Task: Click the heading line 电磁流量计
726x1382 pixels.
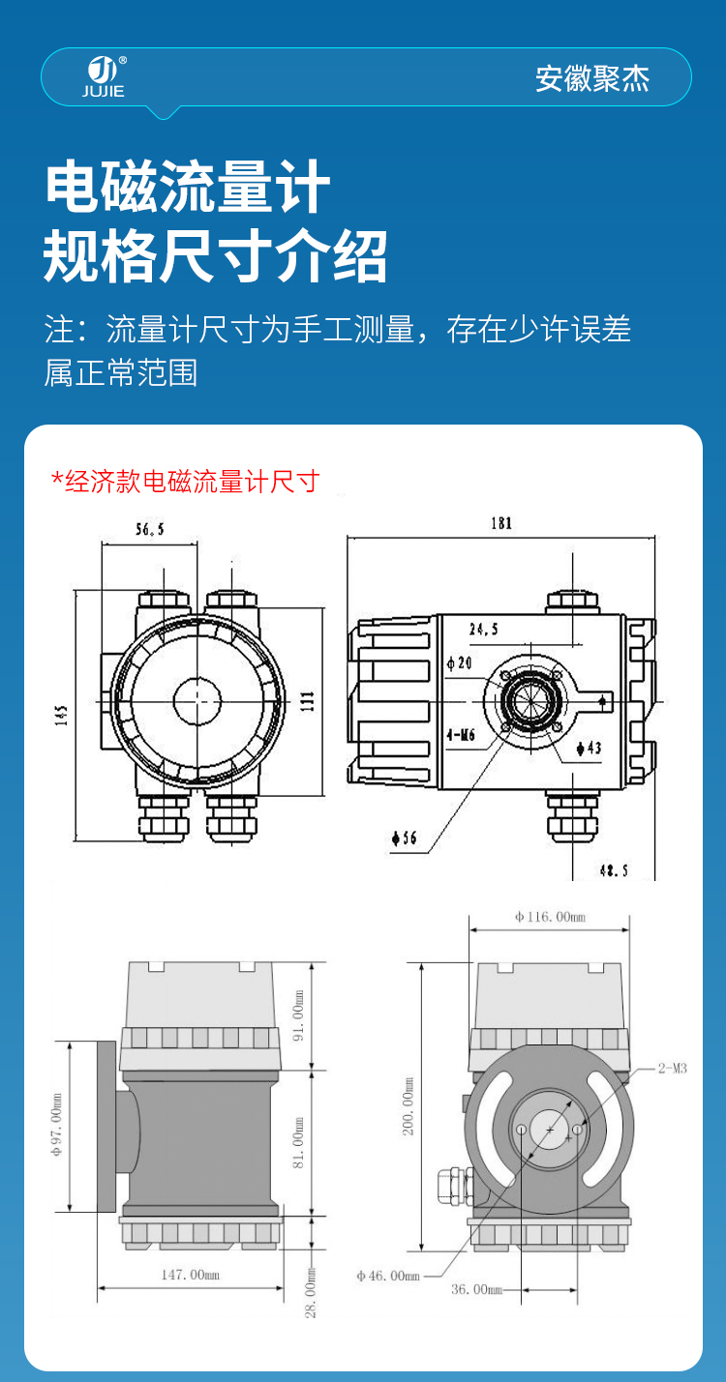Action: tap(188, 188)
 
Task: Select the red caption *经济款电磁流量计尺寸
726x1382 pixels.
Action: tap(186, 481)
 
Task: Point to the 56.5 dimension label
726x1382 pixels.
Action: tap(150, 529)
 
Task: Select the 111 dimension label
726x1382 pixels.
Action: tap(308, 701)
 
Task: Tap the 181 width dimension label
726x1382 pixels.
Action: tap(500, 524)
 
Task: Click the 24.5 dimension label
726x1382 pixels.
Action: tap(483, 630)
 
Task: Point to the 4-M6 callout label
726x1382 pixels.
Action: tap(461, 735)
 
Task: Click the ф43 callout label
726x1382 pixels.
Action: tap(589, 747)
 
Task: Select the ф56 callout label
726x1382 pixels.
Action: tap(405, 838)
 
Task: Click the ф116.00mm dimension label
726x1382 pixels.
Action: tap(550, 917)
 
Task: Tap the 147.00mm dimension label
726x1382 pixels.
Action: tap(190, 1275)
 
